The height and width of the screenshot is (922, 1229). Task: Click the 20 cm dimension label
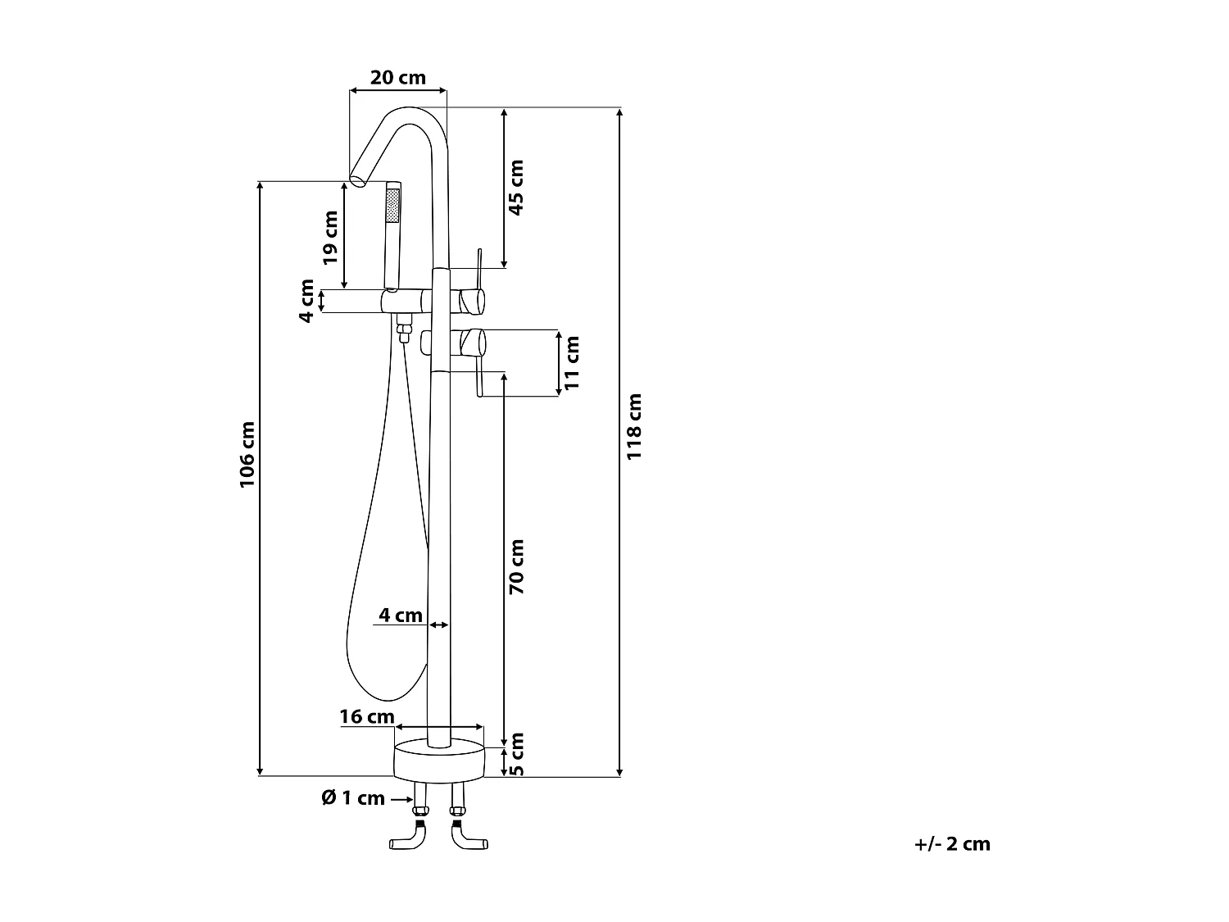[397, 77]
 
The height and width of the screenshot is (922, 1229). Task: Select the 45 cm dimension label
[515, 187]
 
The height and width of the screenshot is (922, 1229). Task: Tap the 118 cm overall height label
[634, 426]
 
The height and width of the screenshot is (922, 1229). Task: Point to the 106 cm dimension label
[247, 455]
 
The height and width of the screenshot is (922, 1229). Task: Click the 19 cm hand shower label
[330, 238]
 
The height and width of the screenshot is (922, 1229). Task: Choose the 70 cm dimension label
[516, 566]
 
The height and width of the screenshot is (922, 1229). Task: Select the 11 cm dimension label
[572, 363]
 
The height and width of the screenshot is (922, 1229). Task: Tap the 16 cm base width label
[367, 716]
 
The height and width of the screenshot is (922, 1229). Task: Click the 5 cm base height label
[518, 754]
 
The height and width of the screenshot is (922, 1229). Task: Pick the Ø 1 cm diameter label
[353, 797]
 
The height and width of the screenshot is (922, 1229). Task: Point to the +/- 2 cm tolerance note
[952, 843]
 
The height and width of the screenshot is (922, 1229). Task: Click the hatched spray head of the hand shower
[393, 205]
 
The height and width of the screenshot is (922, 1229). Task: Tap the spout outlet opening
[357, 180]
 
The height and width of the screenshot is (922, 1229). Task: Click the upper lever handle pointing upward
[478, 269]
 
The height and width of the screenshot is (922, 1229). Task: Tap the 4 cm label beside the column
[401, 615]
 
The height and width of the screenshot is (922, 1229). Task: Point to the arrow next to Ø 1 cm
[401, 799]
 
